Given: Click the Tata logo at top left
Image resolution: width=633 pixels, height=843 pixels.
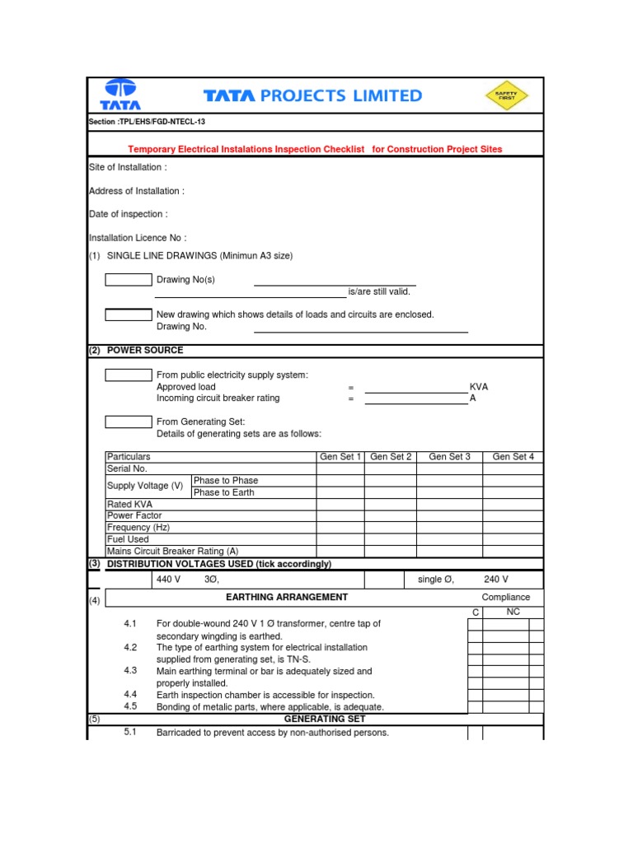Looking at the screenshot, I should tap(120, 95).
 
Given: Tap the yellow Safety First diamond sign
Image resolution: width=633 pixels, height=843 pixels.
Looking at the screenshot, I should tap(505, 95).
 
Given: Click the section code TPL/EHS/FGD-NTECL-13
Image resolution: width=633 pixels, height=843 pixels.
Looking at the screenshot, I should tap(147, 122).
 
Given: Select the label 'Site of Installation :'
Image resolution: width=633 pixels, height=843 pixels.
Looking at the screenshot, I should tap(128, 167).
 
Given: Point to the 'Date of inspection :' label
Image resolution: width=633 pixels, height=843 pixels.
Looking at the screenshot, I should tap(128, 214).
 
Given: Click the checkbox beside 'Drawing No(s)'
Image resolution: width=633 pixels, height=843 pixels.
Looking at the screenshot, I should tap(129, 279).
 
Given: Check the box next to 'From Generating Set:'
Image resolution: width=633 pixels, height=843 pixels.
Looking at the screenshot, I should tap(129, 421).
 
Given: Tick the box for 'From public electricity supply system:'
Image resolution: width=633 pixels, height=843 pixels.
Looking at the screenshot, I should tap(129, 375).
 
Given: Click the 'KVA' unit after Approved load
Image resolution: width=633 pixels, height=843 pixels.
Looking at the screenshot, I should tap(479, 387).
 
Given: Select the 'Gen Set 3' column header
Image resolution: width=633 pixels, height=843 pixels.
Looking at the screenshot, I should tap(449, 457).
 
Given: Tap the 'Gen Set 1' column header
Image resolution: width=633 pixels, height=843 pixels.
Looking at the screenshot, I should tap(340, 457).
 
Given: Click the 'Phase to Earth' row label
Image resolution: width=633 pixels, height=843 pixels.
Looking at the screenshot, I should tap(223, 492).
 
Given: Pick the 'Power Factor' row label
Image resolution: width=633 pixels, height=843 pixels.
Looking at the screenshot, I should tap(134, 515).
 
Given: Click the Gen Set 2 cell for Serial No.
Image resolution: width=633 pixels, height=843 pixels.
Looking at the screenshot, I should tap(391, 468).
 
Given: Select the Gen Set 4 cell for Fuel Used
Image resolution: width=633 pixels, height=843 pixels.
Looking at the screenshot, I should tap(513, 539).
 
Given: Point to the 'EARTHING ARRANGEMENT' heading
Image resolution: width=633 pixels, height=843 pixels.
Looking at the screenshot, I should tap(287, 597).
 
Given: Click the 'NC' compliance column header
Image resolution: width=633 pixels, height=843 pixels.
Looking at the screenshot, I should tap(513, 612).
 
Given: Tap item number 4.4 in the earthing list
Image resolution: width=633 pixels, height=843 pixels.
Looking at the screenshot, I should tap(130, 695).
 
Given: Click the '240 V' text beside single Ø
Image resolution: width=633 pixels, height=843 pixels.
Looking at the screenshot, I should tap(497, 580).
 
